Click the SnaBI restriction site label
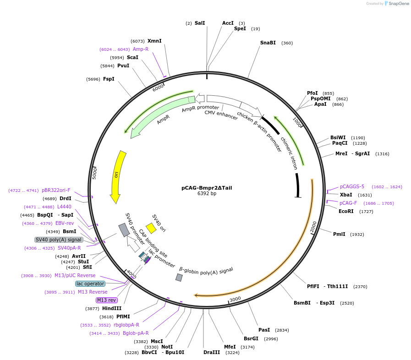point(268,43)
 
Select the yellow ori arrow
point(117,176)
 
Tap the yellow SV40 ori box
point(151,228)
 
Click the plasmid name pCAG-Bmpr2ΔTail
point(207,188)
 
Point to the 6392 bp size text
point(207,193)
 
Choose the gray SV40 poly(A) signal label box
point(59,240)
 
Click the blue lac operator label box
point(90,284)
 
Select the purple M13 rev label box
point(106,300)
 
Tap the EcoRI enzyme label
point(346,211)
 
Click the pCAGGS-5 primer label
point(352,186)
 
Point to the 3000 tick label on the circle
point(235,299)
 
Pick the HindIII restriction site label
point(112,308)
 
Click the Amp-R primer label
point(141,49)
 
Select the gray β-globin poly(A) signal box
point(179,278)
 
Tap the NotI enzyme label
point(167,347)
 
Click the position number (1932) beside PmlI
point(357,234)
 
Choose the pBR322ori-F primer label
point(56,190)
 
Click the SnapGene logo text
point(399,3)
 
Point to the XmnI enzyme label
point(154,41)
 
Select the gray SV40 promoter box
point(124,230)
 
